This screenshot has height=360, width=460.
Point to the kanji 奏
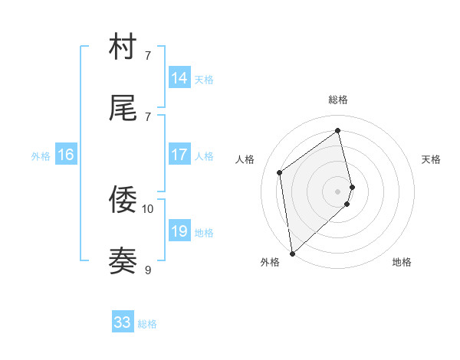pyautogui.click(x=123, y=261)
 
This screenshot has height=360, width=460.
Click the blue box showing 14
pyautogui.click(x=179, y=78)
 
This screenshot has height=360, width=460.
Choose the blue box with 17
pyautogui.click(x=179, y=155)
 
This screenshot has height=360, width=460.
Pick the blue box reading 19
pyautogui.click(x=179, y=231)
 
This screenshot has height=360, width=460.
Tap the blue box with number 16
pyautogui.click(x=66, y=155)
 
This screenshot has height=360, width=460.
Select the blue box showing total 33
pyautogui.click(x=123, y=322)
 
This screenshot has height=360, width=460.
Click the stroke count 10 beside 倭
pyautogui.click(x=148, y=208)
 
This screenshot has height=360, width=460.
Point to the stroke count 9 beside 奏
pyautogui.click(x=148, y=270)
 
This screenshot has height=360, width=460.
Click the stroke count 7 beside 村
pyautogui.click(x=148, y=55)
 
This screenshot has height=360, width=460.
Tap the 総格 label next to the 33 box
pyautogui.click(x=147, y=324)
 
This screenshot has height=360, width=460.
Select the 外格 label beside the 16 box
pyautogui.click(x=41, y=156)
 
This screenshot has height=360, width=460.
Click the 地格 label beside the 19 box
pyautogui.click(x=204, y=233)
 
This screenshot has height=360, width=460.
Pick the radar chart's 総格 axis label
pyautogui.click(x=338, y=100)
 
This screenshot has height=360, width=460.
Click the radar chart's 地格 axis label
pyautogui.click(x=402, y=262)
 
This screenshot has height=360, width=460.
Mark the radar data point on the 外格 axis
pyautogui.click(x=291, y=253)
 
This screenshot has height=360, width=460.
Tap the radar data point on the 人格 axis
pyautogui.click(x=280, y=172)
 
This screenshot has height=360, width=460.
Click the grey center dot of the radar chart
pyautogui.click(x=338, y=191)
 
